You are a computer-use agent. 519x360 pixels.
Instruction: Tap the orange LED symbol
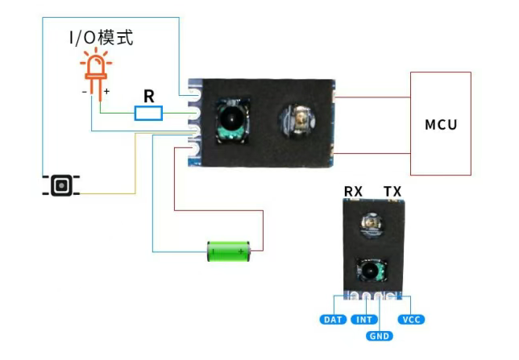click(x=95, y=68)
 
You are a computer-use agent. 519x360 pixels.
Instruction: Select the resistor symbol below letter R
click(x=148, y=113)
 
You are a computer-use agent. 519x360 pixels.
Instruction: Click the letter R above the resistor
click(x=148, y=96)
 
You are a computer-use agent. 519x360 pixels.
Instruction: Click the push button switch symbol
click(x=61, y=186)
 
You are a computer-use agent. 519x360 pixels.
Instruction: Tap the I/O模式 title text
click(x=101, y=37)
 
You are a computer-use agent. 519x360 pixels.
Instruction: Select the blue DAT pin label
click(x=334, y=320)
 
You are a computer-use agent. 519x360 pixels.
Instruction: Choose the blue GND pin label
click(x=380, y=335)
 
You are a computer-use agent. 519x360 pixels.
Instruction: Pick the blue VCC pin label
click(x=411, y=320)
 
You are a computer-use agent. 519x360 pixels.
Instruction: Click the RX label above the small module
click(x=354, y=191)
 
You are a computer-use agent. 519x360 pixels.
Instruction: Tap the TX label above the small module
click(x=392, y=191)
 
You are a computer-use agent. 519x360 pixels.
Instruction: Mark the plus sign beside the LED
click(x=106, y=92)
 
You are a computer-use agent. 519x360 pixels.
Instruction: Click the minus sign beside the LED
click(x=84, y=92)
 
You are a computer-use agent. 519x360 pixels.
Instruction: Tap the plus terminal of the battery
click(x=241, y=253)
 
